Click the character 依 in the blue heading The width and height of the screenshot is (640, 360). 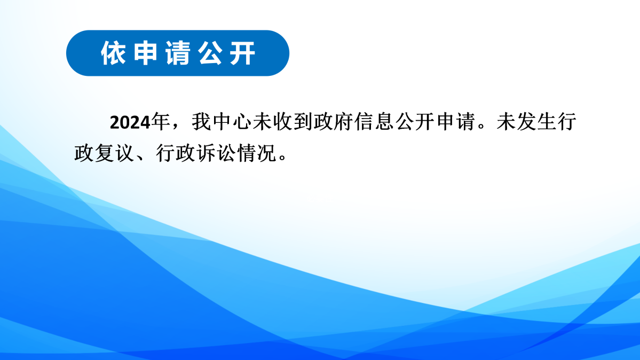click(x=113, y=53)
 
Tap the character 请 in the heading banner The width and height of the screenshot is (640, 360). click(x=178, y=53)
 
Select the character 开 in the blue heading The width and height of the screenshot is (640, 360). click(x=243, y=53)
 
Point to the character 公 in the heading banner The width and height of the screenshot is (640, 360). click(x=210, y=53)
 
